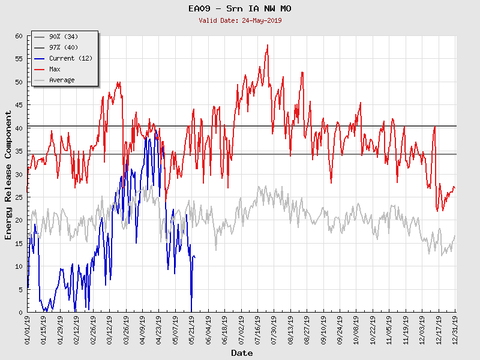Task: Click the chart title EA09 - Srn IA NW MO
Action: click(240, 9)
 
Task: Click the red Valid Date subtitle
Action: click(240, 20)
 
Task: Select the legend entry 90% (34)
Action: click(64, 37)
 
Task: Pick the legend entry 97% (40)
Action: click(64, 48)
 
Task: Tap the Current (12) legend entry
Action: click(70, 59)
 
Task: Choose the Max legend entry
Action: click(55, 70)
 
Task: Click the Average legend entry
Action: click(62, 80)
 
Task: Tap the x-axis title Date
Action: click(242, 353)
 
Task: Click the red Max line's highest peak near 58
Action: click(268, 45)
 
